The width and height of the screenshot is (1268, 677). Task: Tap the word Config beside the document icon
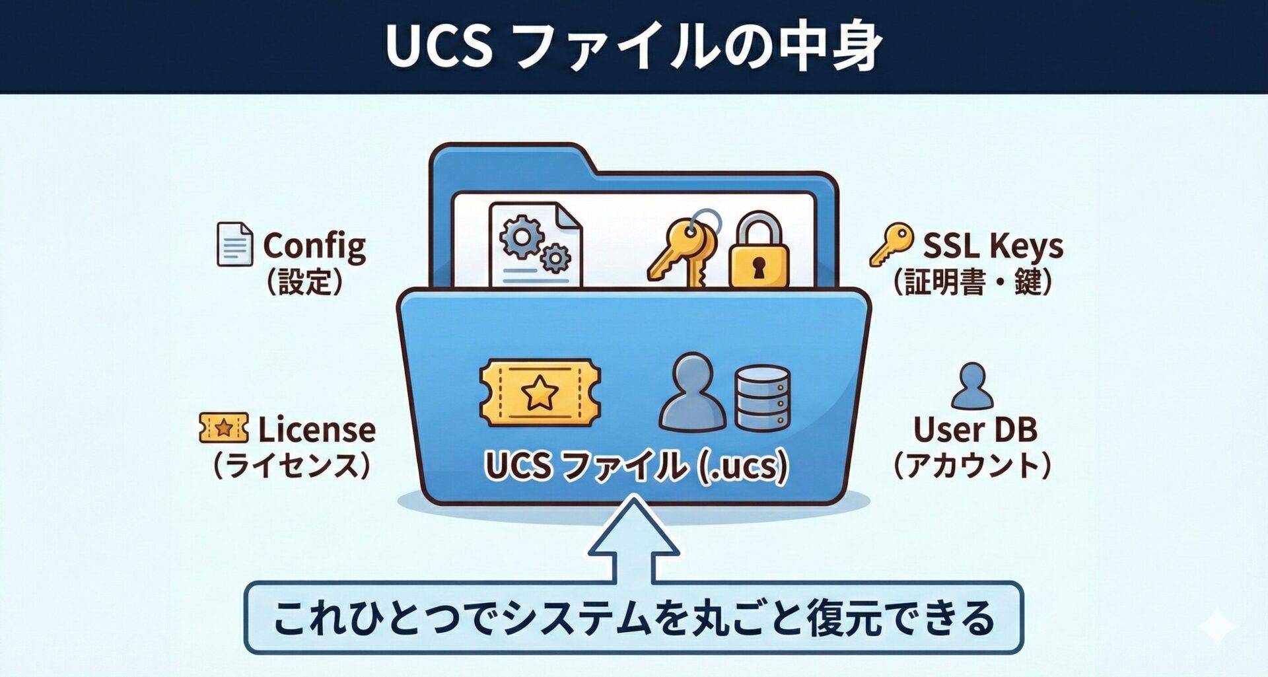[314, 246]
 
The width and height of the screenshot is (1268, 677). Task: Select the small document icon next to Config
[234, 244]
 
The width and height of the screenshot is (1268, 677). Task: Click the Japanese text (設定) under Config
[304, 283]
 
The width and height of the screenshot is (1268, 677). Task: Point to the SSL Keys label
[992, 246]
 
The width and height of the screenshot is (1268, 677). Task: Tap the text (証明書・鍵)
[971, 283]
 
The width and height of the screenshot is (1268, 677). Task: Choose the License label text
[316, 429]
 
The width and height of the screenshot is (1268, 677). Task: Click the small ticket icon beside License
[224, 428]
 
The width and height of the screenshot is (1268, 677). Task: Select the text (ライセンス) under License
[291, 466]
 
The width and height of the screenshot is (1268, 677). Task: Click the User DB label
[975, 429]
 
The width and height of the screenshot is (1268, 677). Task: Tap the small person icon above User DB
[971, 386]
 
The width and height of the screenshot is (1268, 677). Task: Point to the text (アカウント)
[971, 466]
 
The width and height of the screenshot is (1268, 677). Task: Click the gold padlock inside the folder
[758, 254]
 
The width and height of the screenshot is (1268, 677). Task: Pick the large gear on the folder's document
[521, 237]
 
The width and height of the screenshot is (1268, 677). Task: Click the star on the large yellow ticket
[540, 393]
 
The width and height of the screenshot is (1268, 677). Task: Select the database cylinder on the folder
[762, 398]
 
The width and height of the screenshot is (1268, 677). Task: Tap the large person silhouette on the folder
[692, 393]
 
